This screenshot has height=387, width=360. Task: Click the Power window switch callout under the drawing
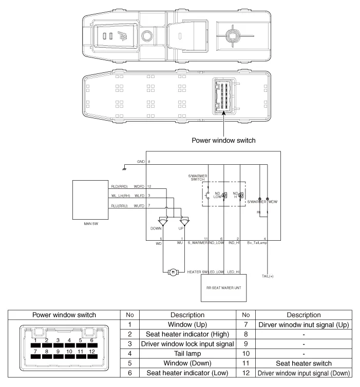[222, 139]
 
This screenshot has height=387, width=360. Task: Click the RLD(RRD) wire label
[120, 186]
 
